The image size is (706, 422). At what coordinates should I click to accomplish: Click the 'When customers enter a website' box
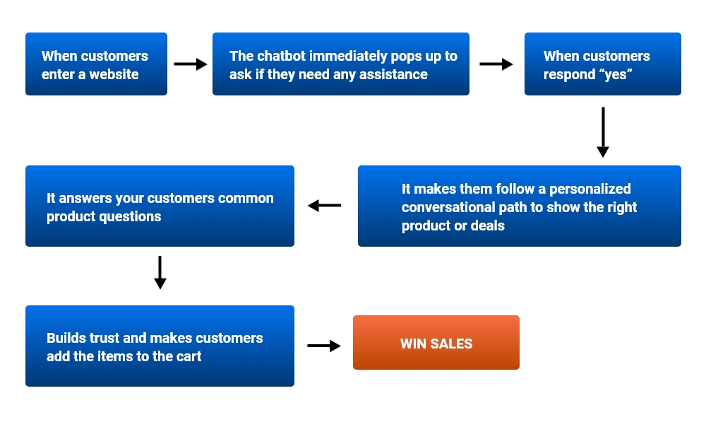[x=96, y=64]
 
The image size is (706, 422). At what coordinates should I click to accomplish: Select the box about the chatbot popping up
[x=340, y=64]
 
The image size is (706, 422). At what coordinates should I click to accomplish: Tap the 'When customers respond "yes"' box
[x=602, y=64]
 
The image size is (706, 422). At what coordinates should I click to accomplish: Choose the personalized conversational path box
[x=519, y=206]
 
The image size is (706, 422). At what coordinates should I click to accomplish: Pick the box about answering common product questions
[x=160, y=206]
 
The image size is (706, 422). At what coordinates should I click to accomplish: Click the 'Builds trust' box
[x=160, y=346]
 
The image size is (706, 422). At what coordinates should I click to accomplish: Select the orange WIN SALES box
[x=436, y=343]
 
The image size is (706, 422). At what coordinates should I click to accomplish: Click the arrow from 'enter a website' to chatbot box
[x=190, y=64]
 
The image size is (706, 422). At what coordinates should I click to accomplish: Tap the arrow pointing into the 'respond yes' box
[x=496, y=64]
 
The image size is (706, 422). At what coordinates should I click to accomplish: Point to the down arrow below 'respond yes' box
[x=602, y=132]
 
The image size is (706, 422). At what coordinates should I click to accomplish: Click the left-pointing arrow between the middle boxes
[x=325, y=206]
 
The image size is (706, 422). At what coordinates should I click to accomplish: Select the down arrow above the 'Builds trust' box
[x=160, y=273]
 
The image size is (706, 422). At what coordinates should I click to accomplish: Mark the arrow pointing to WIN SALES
[x=324, y=346]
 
